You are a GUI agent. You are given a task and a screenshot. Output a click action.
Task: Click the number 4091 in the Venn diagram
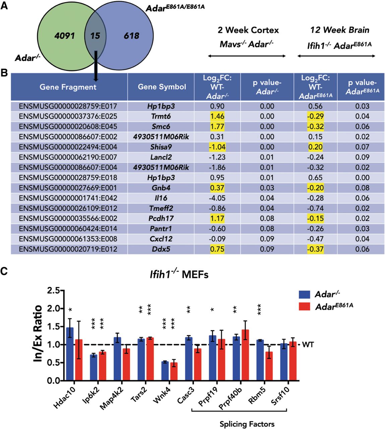click(65, 36)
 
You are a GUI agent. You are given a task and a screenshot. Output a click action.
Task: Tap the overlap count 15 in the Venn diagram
click(95, 36)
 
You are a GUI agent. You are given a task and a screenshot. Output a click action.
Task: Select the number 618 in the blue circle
click(131, 36)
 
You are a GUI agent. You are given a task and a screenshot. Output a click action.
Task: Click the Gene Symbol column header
click(162, 87)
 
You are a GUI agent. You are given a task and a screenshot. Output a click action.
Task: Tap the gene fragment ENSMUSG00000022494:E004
click(68, 147)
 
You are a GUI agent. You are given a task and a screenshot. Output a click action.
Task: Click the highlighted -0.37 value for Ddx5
click(315, 249)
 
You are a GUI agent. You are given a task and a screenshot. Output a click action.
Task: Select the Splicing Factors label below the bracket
click(247, 424)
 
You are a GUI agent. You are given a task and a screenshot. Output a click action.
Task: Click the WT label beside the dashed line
click(308, 345)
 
